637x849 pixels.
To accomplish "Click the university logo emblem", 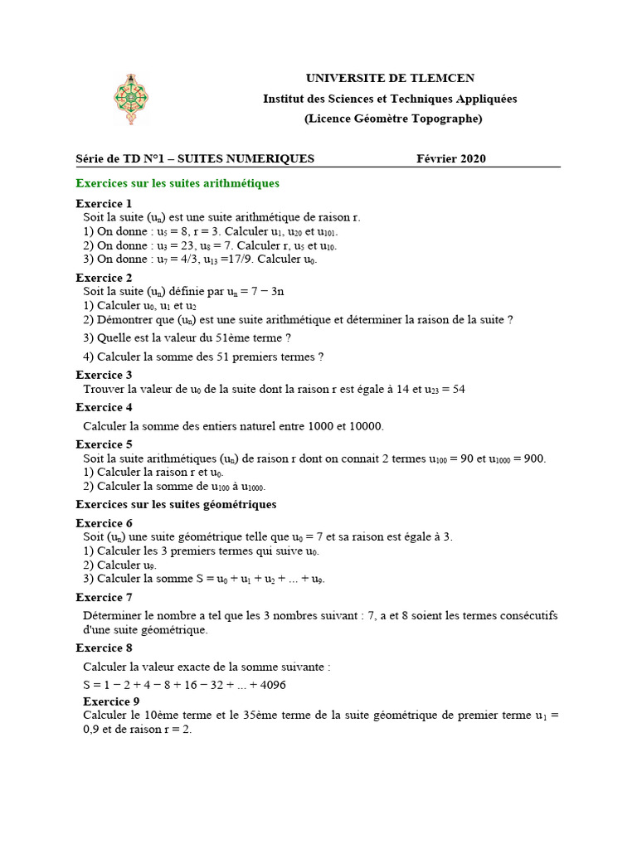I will click(130, 99).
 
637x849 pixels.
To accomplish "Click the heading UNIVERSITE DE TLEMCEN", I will click(390, 78).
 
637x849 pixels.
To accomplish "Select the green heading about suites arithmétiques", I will click(177, 182).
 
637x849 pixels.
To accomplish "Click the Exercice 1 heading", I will click(104, 203).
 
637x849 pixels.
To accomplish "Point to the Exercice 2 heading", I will click(104, 278).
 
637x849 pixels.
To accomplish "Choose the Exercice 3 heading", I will click(104, 375).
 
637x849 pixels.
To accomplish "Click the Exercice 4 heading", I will click(104, 407).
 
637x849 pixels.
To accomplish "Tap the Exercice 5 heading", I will click(104, 444).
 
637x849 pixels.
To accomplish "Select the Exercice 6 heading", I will click(104, 523).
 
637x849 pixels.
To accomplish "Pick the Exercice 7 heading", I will click(104, 597).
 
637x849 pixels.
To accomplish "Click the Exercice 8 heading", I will click(104, 648).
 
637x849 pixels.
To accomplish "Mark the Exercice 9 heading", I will click(111, 701).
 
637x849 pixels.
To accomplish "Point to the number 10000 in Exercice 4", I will click(366, 426).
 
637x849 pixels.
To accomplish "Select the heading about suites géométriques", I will click(176, 504).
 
